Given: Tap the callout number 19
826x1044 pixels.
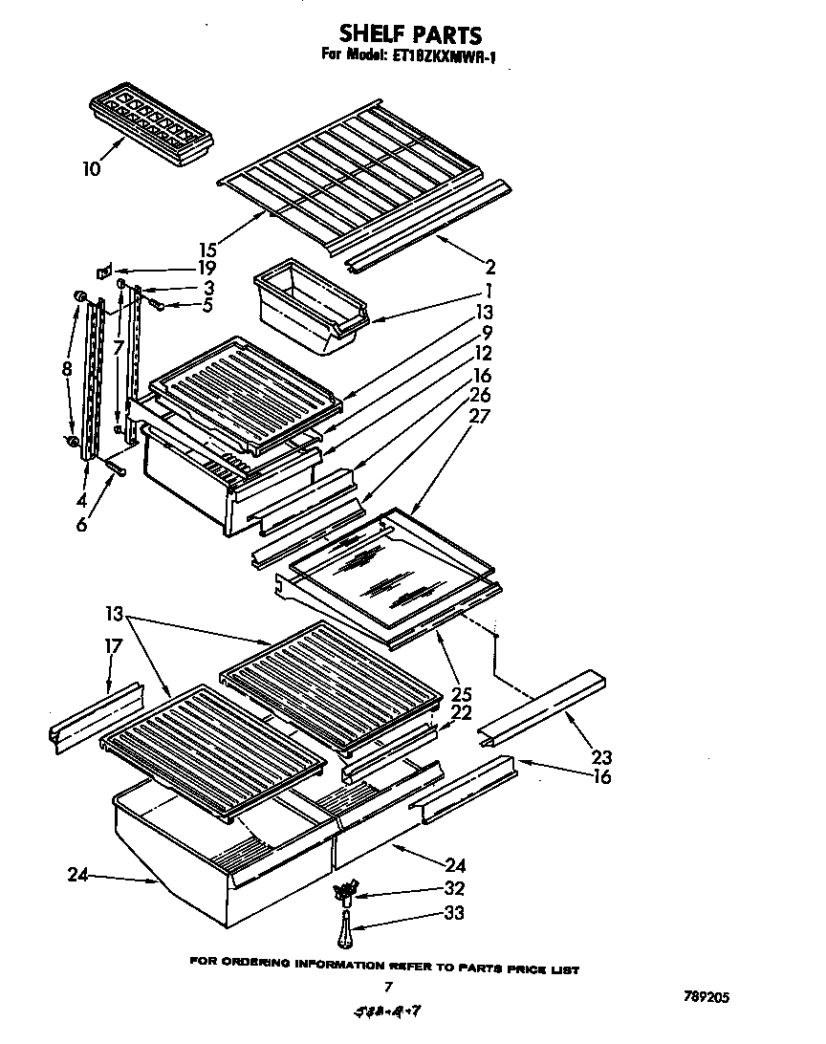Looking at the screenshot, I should click(x=206, y=269).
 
